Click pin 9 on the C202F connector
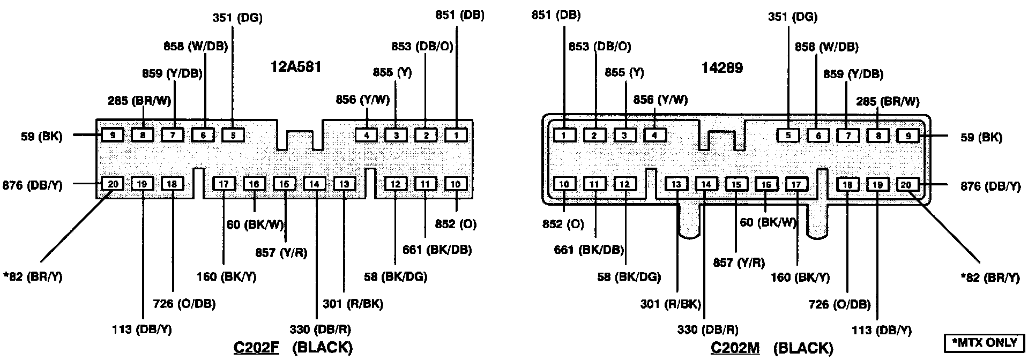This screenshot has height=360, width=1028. (x=113, y=135)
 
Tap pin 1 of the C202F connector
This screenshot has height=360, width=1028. (x=456, y=135)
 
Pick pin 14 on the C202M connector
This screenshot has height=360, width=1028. (x=706, y=184)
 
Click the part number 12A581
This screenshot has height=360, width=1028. (x=296, y=67)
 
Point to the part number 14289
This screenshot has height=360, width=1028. (x=722, y=68)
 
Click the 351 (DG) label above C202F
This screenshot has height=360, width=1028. (x=237, y=18)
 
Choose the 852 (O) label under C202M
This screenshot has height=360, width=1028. (x=563, y=224)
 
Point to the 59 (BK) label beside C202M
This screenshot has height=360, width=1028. (x=981, y=137)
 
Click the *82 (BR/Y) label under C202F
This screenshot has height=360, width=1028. (x=32, y=277)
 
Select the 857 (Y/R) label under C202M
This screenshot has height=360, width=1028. (x=739, y=262)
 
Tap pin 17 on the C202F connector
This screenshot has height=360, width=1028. (x=224, y=184)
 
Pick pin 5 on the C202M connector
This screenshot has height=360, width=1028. (x=788, y=135)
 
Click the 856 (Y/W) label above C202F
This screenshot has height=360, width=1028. (x=363, y=99)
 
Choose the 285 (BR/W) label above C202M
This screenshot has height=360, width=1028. (x=888, y=101)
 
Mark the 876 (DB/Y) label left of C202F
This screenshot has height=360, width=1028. (x=32, y=185)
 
